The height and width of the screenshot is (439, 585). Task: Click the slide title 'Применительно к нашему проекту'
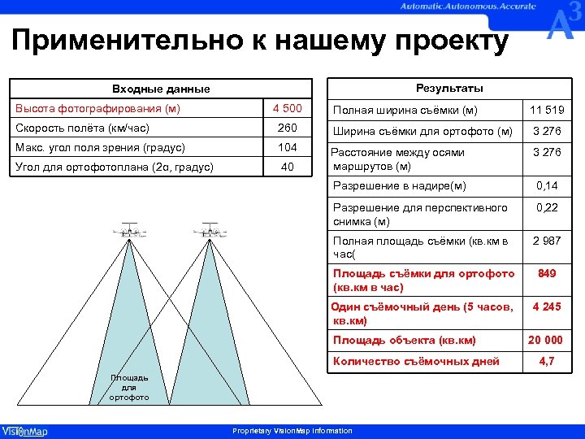click(261, 41)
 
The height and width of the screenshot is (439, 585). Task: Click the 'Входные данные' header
click(160, 89)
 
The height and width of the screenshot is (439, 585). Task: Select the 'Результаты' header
click(449, 88)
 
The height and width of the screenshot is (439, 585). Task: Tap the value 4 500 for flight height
click(287, 109)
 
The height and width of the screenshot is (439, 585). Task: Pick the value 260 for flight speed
click(287, 128)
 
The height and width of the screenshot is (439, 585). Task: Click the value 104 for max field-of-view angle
click(287, 148)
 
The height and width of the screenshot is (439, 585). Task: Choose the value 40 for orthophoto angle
click(287, 167)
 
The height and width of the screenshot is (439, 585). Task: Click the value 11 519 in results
click(547, 111)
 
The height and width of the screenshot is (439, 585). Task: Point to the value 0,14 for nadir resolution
click(547, 187)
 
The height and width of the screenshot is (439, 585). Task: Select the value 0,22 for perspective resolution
click(547, 208)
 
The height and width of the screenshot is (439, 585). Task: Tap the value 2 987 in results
click(547, 241)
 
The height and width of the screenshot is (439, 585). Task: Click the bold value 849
click(547, 274)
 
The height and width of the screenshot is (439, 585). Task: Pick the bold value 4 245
click(547, 307)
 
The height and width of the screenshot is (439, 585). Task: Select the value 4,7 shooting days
click(547, 361)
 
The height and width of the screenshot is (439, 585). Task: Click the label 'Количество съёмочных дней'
click(416, 361)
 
